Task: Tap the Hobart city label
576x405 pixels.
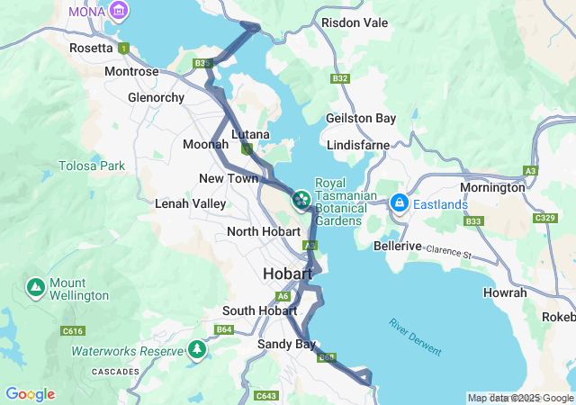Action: [287, 274]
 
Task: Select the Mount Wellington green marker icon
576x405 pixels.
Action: [35, 287]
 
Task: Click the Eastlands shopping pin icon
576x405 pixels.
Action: [399, 203]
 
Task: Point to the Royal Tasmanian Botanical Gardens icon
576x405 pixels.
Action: [300, 196]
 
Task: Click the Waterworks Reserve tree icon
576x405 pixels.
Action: [197, 349]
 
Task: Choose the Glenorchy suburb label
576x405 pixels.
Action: [156, 97]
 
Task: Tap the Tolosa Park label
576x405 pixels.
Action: [92, 166]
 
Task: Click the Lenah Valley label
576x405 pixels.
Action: [190, 204]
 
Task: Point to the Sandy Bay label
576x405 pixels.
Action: [286, 345]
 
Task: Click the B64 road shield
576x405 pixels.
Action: [224, 330]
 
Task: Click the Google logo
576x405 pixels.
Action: [30, 394]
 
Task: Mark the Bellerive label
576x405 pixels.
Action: [398, 246]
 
